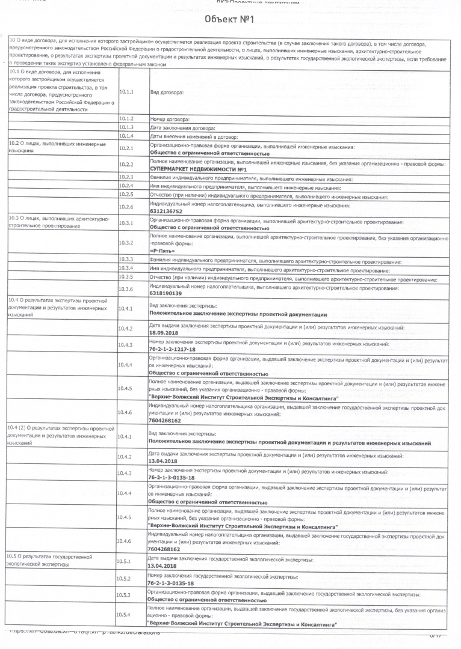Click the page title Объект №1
(x=229, y=20)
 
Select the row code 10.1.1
(x=126, y=92)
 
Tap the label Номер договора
(x=170, y=120)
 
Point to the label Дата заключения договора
(x=178, y=129)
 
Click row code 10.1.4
(x=126, y=137)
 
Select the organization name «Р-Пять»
(x=162, y=251)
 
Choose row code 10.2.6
(x=126, y=207)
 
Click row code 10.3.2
(x=126, y=243)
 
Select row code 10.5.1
(x=124, y=561)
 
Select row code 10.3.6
(x=126, y=289)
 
